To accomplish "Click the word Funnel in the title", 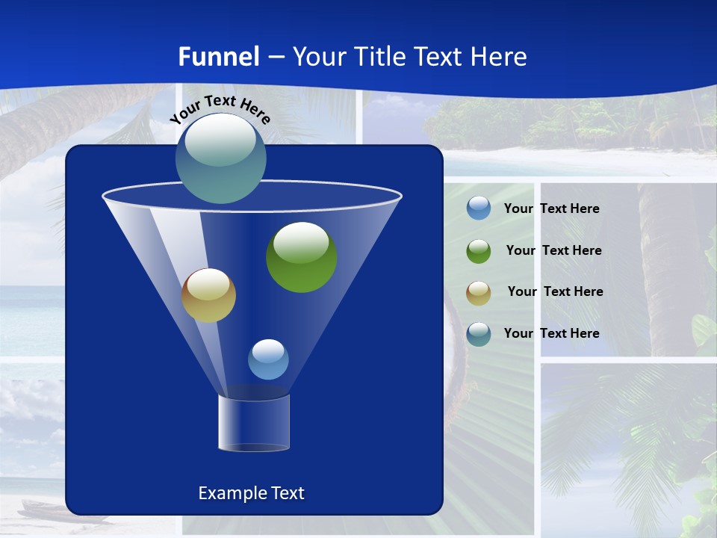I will (x=218, y=57).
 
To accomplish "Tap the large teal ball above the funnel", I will (x=220, y=158).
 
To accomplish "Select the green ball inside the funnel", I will (x=302, y=258).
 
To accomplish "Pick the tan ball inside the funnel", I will (x=208, y=296).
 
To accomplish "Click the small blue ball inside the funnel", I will (x=268, y=359).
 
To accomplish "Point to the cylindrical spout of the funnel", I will (x=253, y=423).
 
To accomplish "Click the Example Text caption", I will (x=251, y=493).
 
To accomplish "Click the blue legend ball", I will (x=479, y=208).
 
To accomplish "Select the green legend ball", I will (x=479, y=250).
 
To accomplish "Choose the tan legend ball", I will (x=479, y=292).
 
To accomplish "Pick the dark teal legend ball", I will (x=479, y=334).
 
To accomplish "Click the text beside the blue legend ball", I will (x=551, y=208).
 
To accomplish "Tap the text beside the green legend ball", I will (x=553, y=250).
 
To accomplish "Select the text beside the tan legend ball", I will (x=555, y=291).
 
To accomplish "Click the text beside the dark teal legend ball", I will (x=551, y=333).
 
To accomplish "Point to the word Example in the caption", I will (x=230, y=493).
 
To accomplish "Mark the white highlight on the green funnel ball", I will (x=301, y=241).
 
